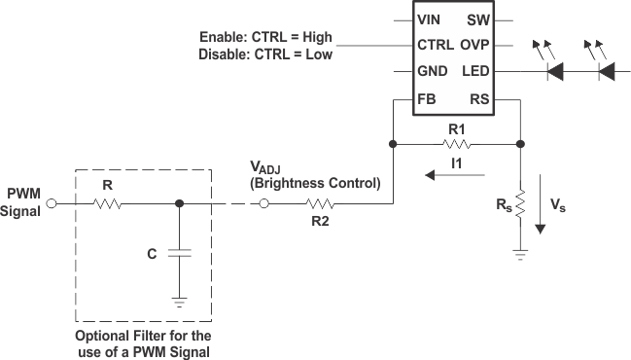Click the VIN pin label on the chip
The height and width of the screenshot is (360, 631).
[x=428, y=19]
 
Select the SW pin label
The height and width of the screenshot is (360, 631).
[x=478, y=19]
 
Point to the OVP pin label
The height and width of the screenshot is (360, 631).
[x=473, y=45]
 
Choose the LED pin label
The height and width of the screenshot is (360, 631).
[x=474, y=71]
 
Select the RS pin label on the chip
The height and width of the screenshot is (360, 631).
[x=478, y=98]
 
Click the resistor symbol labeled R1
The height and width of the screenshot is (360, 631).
[x=455, y=145]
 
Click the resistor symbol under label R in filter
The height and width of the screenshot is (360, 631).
[x=107, y=204]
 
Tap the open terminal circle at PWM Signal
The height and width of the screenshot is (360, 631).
[x=53, y=204]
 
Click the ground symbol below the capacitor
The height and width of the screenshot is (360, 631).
[x=178, y=301]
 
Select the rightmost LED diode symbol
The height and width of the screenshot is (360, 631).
[x=604, y=71]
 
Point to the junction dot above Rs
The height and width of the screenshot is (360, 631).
[x=520, y=145]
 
